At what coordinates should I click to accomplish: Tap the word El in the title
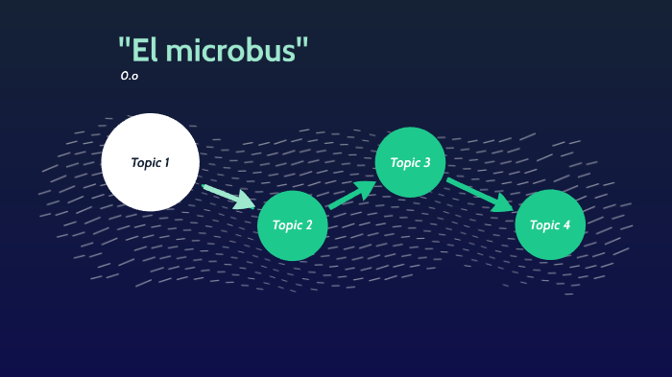(x=145, y=50)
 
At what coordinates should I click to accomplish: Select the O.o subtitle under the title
(x=129, y=75)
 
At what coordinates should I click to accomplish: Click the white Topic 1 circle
(x=151, y=162)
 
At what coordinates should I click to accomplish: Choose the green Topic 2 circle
(x=293, y=225)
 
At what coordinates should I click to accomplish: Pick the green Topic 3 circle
(x=410, y=162)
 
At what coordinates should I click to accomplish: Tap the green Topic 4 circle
(x=550, y=224)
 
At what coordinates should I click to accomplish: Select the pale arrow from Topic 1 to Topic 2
(x=228, y=195)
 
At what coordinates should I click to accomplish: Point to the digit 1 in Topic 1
(x=166, y=162)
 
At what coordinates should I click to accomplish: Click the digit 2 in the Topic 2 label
(x=308, y=225)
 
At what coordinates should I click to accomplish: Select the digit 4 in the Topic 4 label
(x=566, y=224)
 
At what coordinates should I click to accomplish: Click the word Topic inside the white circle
(x=146, y=162)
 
